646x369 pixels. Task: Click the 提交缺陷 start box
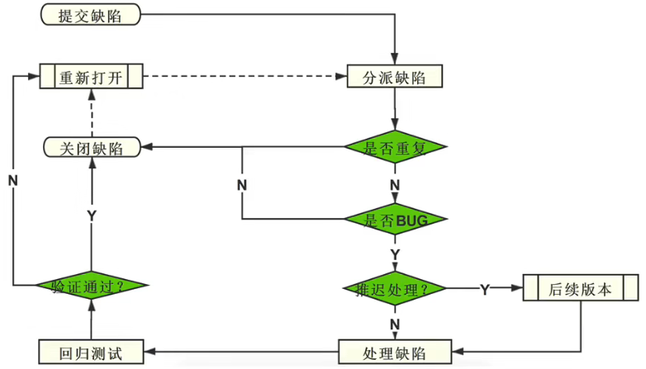point(91,15)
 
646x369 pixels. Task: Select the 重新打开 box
point(91,76)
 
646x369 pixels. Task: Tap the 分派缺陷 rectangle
point(395,76)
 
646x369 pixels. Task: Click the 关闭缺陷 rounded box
point(92,148)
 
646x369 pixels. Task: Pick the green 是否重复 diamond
point(395,147)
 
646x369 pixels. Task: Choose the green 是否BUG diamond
point(395,219)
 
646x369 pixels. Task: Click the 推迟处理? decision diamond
point(395,288)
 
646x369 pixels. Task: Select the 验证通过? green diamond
point(92,286)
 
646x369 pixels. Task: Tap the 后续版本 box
point(581,287)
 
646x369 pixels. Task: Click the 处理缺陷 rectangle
point(395,352)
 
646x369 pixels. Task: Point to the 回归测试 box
point(91,352)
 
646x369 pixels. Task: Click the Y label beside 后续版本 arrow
point(485,290)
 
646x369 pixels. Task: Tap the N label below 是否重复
point(395,185)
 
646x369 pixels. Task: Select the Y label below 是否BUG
point(395,254)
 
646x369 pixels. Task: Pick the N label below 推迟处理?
point(395,324)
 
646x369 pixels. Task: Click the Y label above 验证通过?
point(92,215)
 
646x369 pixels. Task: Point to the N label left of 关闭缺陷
point(12,181)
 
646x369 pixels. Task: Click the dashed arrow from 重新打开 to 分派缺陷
point(245,76)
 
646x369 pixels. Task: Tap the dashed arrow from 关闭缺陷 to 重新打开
point(92,113)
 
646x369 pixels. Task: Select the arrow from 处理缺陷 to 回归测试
point(241,352)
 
